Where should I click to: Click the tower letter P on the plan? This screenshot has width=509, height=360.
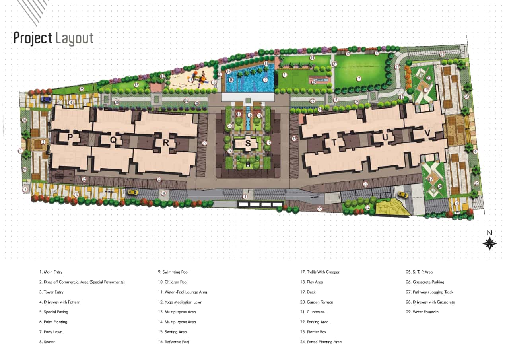[70, 138]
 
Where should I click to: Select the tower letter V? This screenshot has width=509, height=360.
[427, 134]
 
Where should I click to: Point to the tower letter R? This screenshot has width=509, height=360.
[166, 143]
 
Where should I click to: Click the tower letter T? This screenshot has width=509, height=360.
[334, 142]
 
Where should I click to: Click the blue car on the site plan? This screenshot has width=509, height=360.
[46, 99]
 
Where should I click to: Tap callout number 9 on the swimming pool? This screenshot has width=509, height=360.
[265, 80]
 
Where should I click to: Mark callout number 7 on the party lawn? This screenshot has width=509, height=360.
[359, 79]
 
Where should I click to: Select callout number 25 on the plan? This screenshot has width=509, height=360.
[82, 89]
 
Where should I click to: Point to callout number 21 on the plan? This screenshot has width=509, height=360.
[285, 75]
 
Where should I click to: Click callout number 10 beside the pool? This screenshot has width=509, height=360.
[231, 80]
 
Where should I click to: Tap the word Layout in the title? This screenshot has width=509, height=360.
[74, 38]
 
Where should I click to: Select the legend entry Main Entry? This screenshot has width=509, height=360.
[51, 272]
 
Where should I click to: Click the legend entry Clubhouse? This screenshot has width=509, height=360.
[313, 312]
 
